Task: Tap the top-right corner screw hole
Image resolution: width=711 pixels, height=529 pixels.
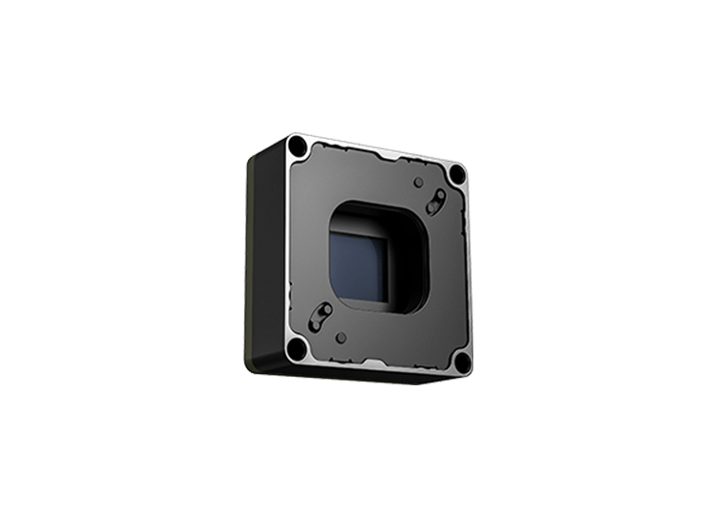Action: pos(458,174)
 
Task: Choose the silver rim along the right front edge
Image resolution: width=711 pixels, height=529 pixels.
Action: pos(471,271)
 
